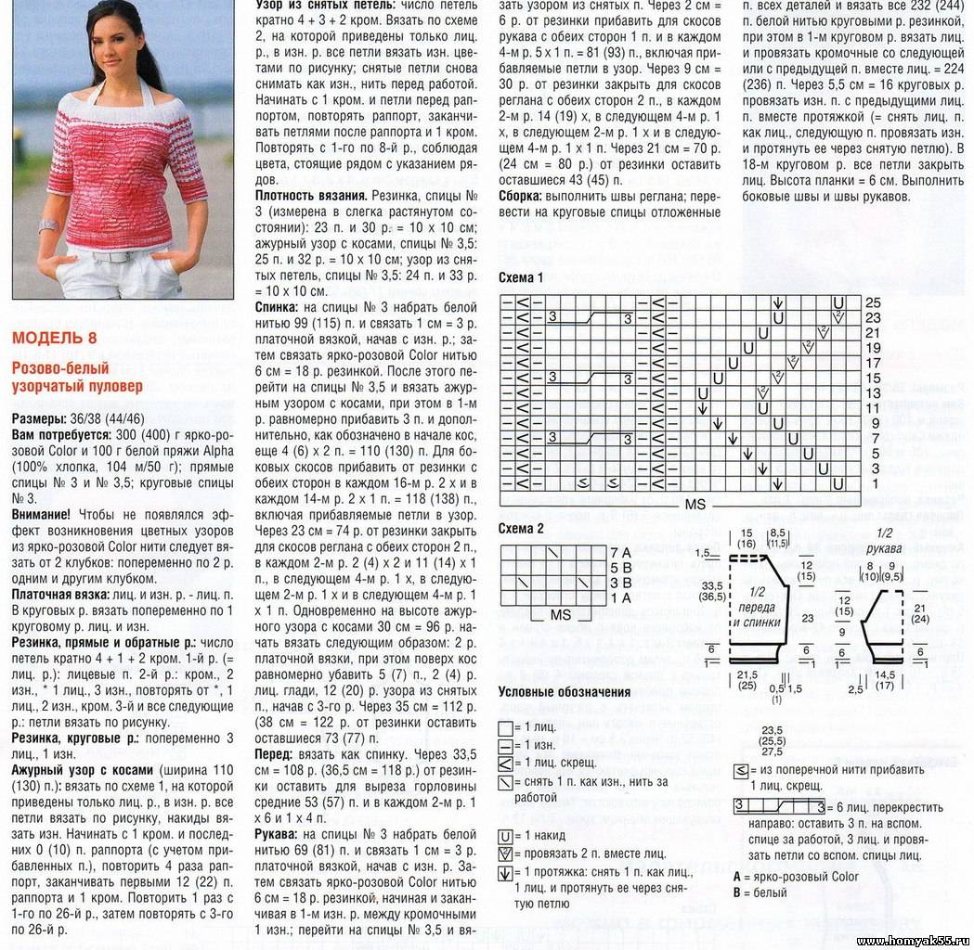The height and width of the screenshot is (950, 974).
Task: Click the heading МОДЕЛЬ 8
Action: [x=54, y=337]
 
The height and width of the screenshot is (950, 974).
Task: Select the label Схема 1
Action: [x=522, y=278]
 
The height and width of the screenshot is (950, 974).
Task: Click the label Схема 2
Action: [x=522, y=528]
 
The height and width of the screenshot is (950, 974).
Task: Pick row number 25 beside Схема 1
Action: [x=873, y=302]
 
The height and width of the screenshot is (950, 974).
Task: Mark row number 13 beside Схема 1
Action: [x=873, y=393]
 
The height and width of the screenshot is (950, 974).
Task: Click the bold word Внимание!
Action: [x=42, y=514]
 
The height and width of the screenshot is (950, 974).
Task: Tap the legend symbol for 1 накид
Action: [x=505, y=836]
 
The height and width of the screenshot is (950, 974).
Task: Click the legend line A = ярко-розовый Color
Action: [x=796, y=877]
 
